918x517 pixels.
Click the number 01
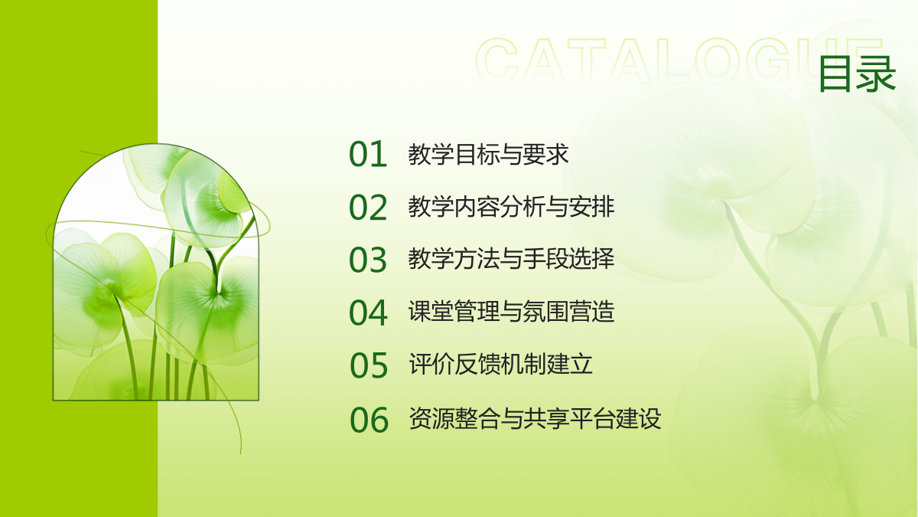coord(368,154)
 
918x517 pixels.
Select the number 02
coord(368,208)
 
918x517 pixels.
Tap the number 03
coord(368,260)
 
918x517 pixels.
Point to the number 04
coord(368,312)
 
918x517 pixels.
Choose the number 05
coord(369,365)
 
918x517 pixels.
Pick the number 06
coord(369,420)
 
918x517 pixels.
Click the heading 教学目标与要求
coord(488,154)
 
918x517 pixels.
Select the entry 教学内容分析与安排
coord(511,207)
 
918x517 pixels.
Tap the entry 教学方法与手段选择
coord(511,259)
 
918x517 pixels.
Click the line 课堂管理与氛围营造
coord(511,312)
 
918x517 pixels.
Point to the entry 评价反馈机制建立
coord(500,364)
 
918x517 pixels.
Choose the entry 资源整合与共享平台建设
coord(535,418)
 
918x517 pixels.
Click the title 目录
coord(857,74)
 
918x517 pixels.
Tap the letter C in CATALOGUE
coord(496,61)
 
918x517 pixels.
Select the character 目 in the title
coord(836,74)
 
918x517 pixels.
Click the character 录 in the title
coord(876,74)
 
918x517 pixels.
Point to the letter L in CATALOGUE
coord(673,61)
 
